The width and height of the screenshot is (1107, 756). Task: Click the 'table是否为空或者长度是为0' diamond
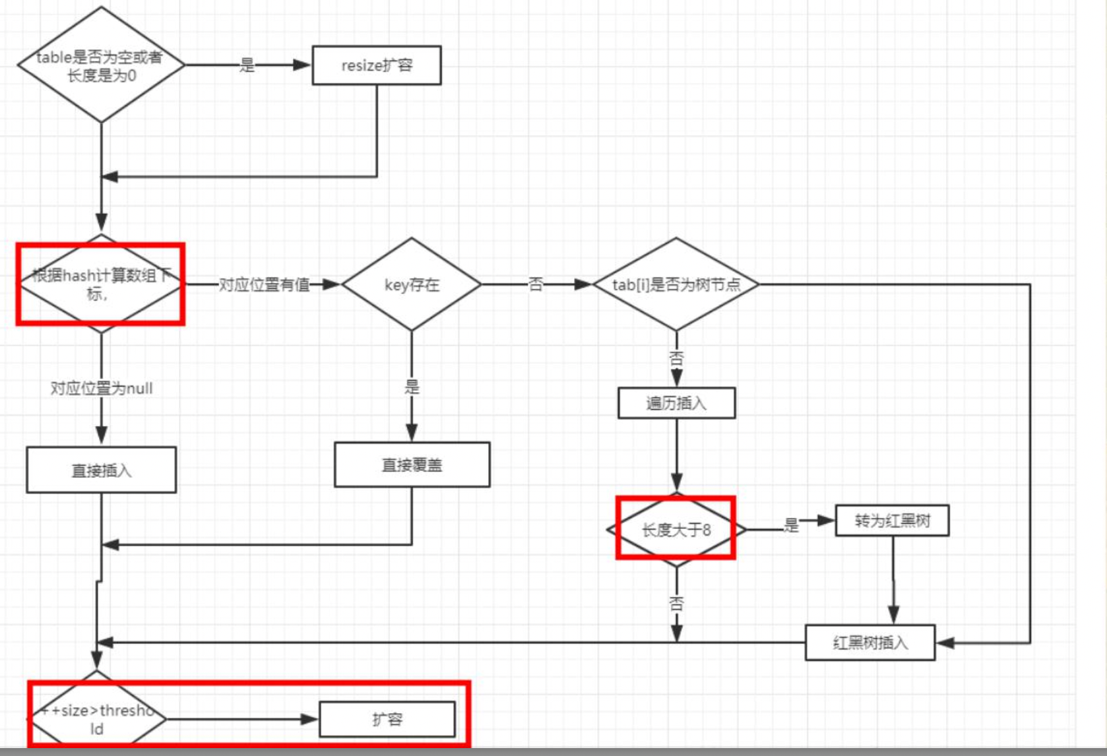tap(100, 65)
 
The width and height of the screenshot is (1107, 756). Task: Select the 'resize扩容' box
tap(377, 65)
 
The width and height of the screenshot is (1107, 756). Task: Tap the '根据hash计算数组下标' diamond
tap(100, 284)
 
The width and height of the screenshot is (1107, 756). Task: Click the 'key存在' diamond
tap(412, 284)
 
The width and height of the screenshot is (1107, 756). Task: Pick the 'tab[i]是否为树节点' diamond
tap(676, 284)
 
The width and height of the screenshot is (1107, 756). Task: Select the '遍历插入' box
tap(676, 403)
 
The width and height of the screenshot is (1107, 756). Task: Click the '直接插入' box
tap(101, 470)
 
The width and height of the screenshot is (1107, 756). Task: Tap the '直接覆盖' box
tap(412, 464)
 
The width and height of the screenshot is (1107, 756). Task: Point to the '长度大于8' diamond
tap(676, 529)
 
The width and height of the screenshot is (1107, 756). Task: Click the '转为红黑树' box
tap(892, 520)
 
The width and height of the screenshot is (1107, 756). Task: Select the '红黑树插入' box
tap(870, 642)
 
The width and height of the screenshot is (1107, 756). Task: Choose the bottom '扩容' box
tap(387, 719)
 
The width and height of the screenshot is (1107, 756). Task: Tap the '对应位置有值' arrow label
tap(264, 284)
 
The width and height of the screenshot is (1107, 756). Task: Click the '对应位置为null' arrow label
tap(102, 388)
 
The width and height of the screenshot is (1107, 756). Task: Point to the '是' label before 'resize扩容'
tap(247, 65)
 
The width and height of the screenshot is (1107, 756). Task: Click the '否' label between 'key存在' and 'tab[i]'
tap(536, 284)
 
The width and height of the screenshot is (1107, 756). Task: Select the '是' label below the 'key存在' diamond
tap(412, 387)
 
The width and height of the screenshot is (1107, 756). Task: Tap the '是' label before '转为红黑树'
tap(791, 525)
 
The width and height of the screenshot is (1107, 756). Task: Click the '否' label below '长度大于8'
tap(676, 602)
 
